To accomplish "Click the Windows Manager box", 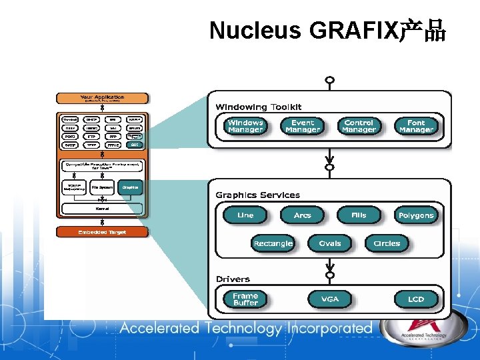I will coord(245,126).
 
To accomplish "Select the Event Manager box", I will coord(303,126).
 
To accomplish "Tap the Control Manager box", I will coord(359,126).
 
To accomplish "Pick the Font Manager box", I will coord(416,126).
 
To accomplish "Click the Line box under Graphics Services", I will coord(245,215).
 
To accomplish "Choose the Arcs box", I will coord(303,215).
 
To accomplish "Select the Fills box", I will coord(359,215).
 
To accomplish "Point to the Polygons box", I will coord(416,215).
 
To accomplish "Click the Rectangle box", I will coord(273,243).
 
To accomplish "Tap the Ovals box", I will coord(330,243).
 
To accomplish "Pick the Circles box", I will coord(387,243).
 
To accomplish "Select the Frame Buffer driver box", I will coord(245,299).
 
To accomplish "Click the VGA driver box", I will coord(330,299).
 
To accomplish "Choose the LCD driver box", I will coord(416,299).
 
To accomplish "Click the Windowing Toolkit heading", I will coord(258,107).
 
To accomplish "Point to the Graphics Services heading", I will coord(257,195).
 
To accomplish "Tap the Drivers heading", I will coord(233,279).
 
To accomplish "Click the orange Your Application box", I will coord(102,98).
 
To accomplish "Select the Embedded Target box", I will coord(102,232).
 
